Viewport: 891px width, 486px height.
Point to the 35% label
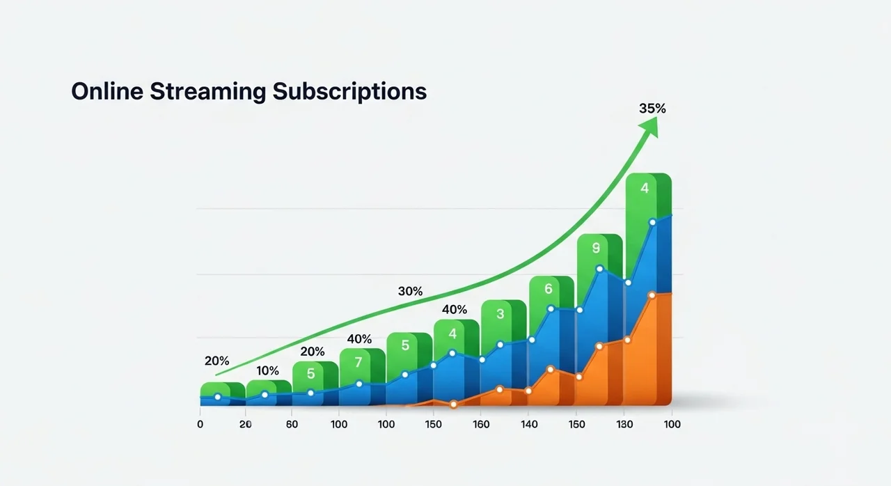(x=652, y=109)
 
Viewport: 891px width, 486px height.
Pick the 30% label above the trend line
(x=410, y=291)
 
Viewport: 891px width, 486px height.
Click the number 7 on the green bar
(x=358, y=362)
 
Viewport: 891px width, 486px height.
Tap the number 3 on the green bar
(x=500, y=314)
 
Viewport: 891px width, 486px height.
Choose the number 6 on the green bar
(x=548, y=288)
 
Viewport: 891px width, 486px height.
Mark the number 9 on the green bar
(x=596, y=247)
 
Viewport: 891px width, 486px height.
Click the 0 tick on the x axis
(x=200, y=424)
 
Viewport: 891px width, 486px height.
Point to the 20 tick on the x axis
(x=245, y=424)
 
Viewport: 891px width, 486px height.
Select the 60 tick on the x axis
(x=292, y=424)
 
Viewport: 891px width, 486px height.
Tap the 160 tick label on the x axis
(x=481, y=424)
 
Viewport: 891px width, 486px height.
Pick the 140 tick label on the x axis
(x=529, y=424)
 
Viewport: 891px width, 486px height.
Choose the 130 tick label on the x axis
(x=624, y=424)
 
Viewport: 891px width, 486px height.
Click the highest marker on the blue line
(x=652, y=223)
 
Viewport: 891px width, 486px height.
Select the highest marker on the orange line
(x=652, y=295)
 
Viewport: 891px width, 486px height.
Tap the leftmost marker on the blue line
(x=218, y=397)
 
